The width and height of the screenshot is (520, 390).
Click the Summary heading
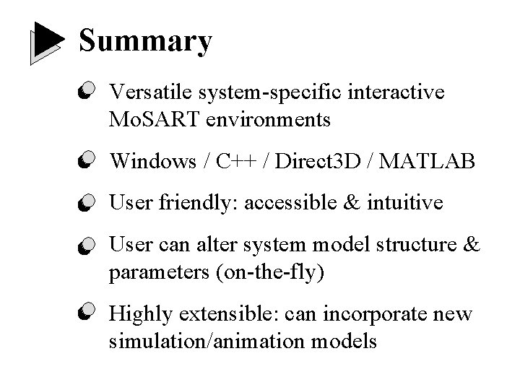(145, 41)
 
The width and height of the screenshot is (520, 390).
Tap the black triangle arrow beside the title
(47, 43)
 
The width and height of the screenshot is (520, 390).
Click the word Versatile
(148, 92)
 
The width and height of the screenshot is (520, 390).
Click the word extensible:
(225, 315)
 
